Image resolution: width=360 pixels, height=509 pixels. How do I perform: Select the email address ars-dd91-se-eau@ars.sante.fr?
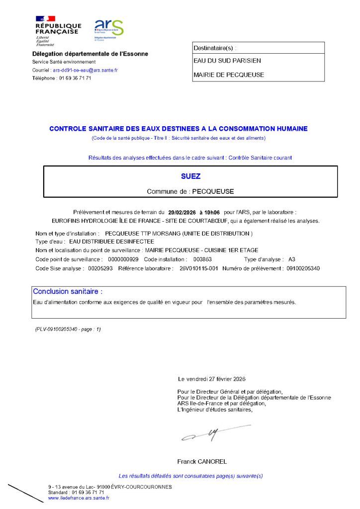[85, 70]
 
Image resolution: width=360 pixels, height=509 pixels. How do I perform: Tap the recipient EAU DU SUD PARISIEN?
[227, 61]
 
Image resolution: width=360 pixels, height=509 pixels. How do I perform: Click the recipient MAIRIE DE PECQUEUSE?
[229, 75]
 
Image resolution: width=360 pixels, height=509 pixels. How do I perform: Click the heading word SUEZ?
[191, 176]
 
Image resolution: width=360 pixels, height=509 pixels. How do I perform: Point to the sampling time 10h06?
[212, 211]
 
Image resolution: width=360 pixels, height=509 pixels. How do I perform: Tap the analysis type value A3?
[292, 259]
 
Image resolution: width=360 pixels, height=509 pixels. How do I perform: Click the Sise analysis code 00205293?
[101, 268]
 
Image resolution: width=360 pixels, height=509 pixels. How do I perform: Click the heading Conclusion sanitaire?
[68, 291]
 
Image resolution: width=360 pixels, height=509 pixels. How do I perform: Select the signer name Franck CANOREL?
[202, 461]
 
